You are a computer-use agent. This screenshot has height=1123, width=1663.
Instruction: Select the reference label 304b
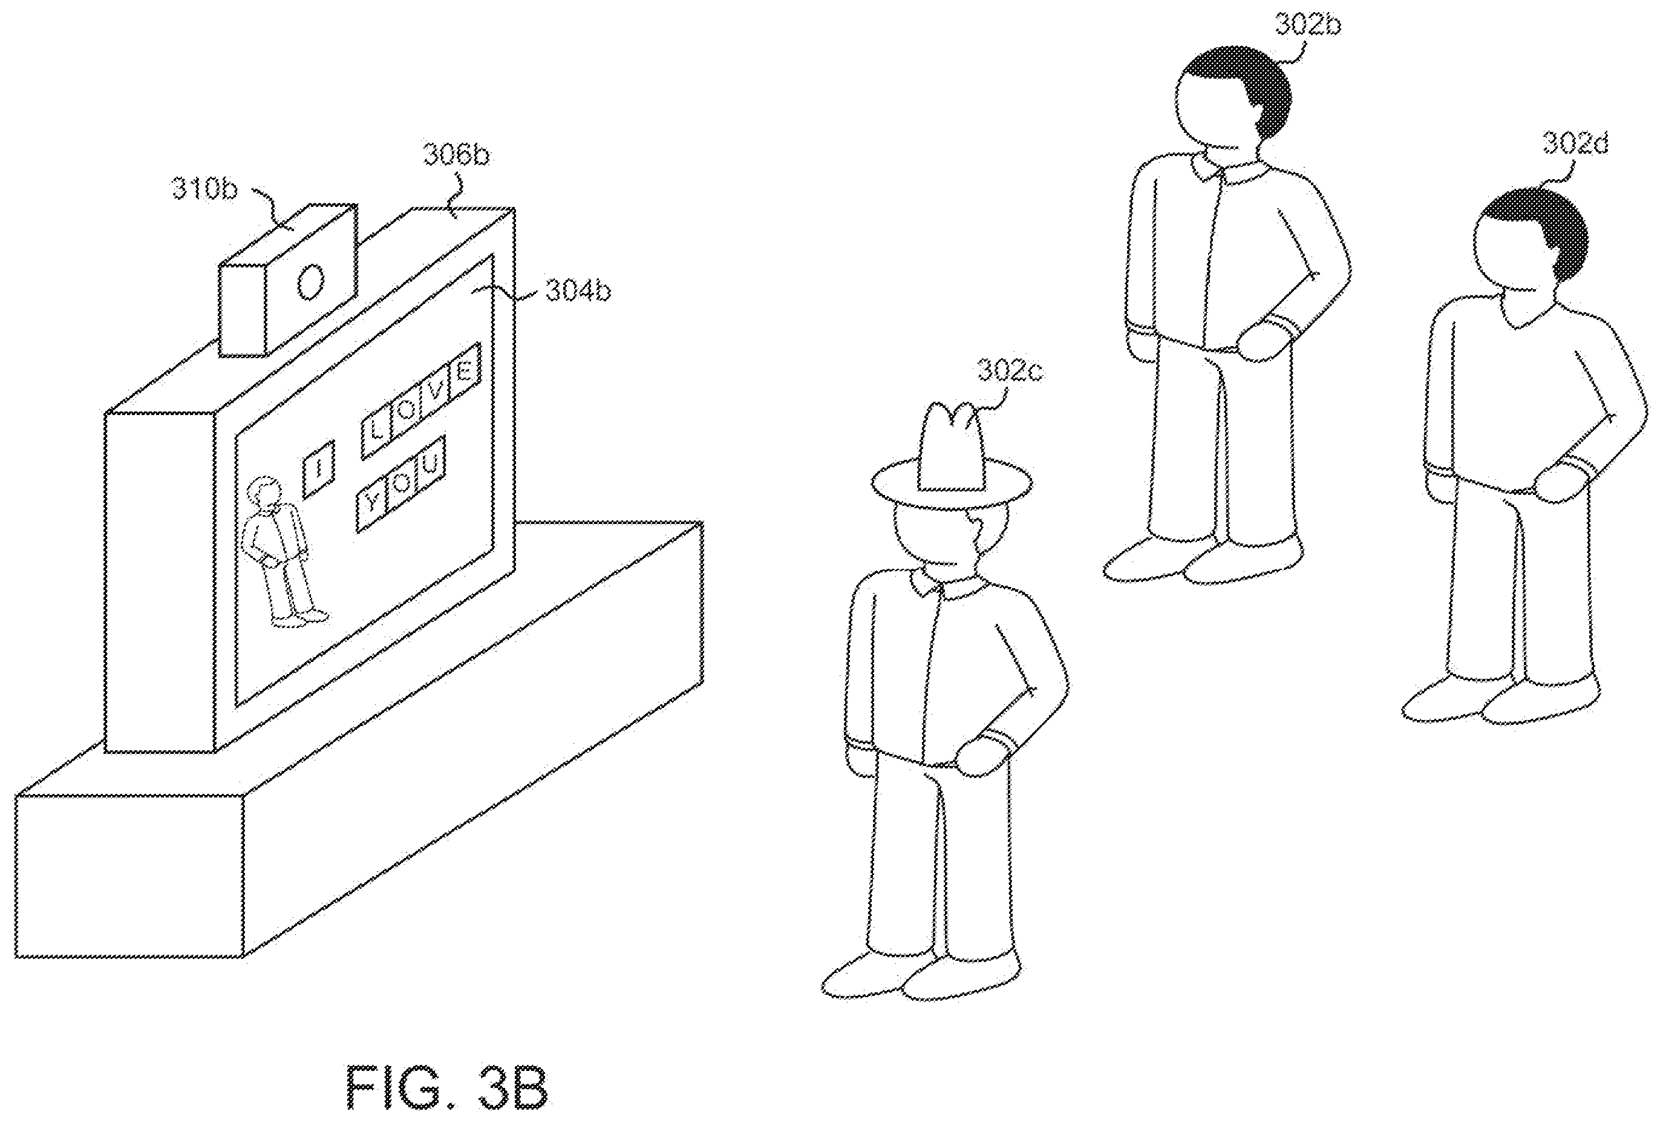point(578,292)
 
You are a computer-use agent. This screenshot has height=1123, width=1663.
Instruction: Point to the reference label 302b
point(1308,24)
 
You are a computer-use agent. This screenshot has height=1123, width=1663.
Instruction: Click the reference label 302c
point(1010,372)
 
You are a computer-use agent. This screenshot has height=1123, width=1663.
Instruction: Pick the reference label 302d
point(1575,144)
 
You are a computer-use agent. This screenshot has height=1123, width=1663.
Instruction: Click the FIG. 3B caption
point(448,1088)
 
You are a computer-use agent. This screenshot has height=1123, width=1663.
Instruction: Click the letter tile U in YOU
point(431,466)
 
